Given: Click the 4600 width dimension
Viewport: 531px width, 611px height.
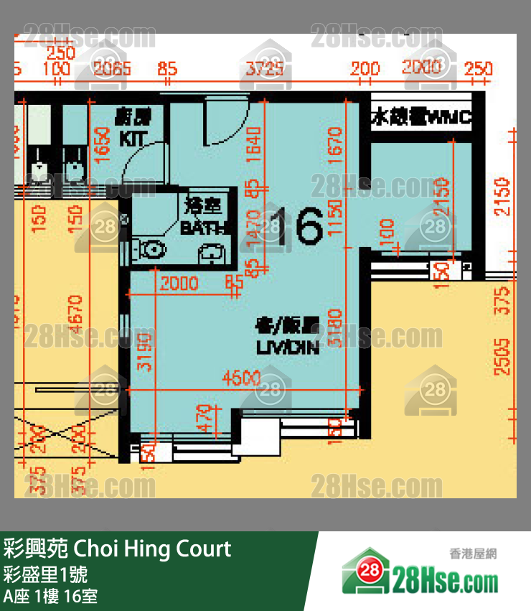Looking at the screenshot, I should tap(241, 378).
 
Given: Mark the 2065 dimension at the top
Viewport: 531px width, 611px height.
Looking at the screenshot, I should tap(113, 69).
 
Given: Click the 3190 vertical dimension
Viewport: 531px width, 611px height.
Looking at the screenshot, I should tap(144, 352).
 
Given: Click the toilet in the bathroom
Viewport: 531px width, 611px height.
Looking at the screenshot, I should tap(152, 249).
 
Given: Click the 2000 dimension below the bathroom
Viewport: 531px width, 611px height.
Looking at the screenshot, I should tap(179, 284).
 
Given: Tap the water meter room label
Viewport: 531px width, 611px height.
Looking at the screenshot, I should tap(420, 117).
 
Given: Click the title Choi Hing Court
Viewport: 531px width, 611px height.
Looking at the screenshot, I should tap(117, 549).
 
